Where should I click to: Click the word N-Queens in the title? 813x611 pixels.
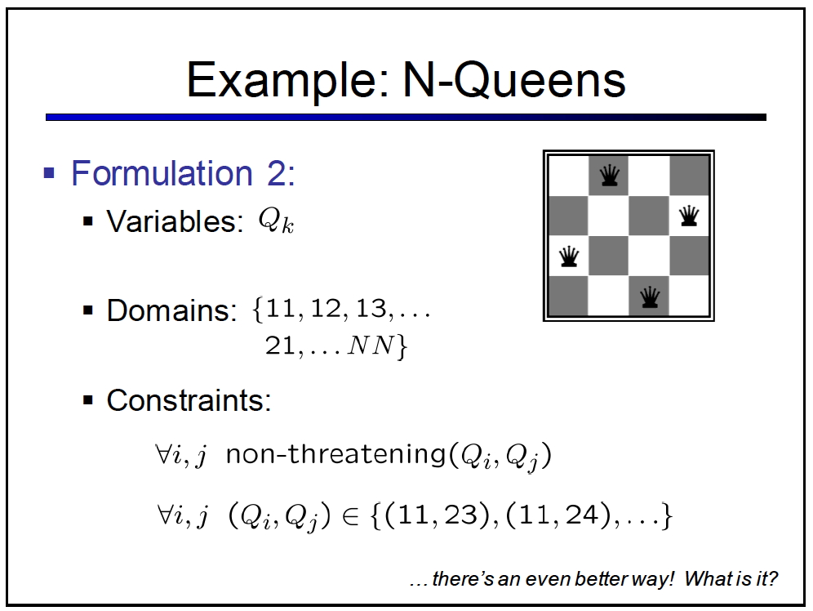(x=514, y=79)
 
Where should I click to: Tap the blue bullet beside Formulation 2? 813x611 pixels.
(x=49, y=172)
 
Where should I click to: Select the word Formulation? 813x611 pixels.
(x=162, y=172)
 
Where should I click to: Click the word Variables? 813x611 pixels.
(x=175, y=221)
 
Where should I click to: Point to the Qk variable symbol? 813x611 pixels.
(x=277, y=221)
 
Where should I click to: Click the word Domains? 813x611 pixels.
(x=171, y=310)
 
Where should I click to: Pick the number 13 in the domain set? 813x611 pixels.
(x=371, y=309)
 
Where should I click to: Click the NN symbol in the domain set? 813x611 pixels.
(x=371, y=345)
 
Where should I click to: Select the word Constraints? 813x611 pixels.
(x=189, y=400)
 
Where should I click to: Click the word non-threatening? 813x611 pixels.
(x=336, y=454)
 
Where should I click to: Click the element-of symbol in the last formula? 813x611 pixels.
(x=351, y=517)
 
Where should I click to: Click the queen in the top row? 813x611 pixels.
(x=609, y=176)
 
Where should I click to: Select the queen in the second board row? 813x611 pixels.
(x=689, y=216)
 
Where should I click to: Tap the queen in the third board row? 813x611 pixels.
(x=569, y=256)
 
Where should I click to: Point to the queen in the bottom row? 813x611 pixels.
(x=649, y=297)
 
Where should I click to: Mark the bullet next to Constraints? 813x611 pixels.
(x=87, y=400)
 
